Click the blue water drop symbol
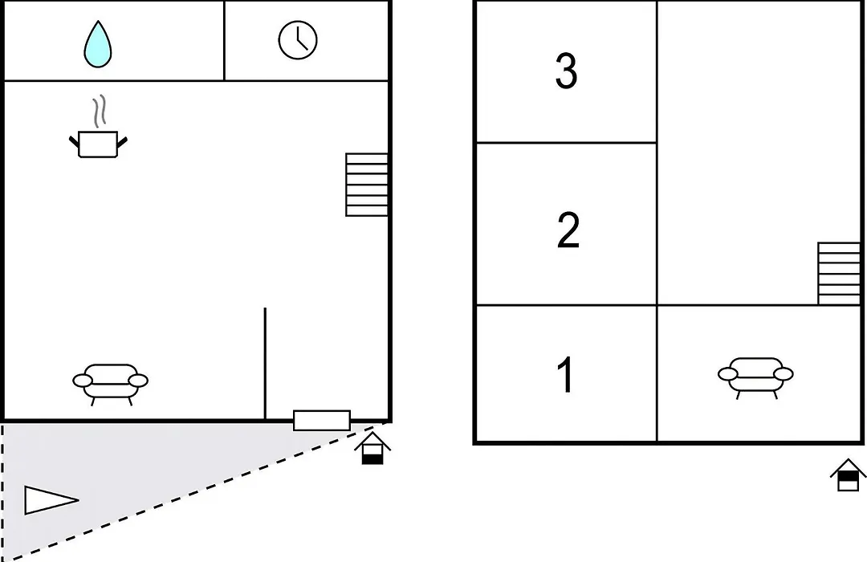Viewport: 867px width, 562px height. point(98,45)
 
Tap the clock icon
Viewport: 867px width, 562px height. point(298,40)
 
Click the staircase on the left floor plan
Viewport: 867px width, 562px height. point(367,185)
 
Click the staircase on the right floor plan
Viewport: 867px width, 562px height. point(839,273)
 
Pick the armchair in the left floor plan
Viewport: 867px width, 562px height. point(111,385)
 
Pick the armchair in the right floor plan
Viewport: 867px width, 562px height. point(756,378)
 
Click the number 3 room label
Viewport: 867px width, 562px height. point(566,71)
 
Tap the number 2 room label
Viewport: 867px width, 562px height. point(568,230)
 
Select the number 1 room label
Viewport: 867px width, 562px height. point(566,374)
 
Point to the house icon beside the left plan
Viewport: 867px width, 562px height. point(372,448)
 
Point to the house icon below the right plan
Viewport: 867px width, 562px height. point(848,474)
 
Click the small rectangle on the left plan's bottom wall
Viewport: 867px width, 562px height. point(322,421)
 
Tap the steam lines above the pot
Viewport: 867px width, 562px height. point(99,112)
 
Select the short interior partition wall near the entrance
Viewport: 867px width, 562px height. point(265,364)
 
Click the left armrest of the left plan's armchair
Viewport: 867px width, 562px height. point(83,381)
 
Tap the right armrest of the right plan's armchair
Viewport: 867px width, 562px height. point(784,374)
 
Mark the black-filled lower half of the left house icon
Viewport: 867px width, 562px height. point(372,459)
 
